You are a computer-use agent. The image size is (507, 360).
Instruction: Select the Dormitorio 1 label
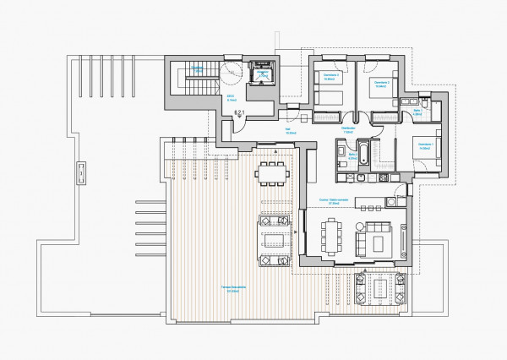pos(419,148)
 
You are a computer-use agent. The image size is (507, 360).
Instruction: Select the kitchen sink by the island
pos(393,200)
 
